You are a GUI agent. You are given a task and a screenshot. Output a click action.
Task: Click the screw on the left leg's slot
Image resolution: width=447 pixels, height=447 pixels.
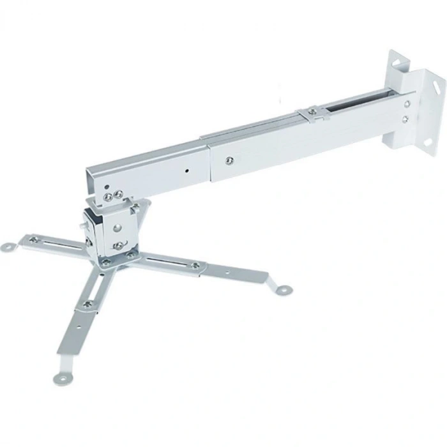[34, 239]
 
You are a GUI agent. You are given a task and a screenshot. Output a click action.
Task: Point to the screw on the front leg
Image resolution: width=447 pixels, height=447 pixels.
[88, 303]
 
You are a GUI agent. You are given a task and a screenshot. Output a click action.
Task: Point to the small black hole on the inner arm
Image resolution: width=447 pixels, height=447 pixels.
[186, 171]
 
